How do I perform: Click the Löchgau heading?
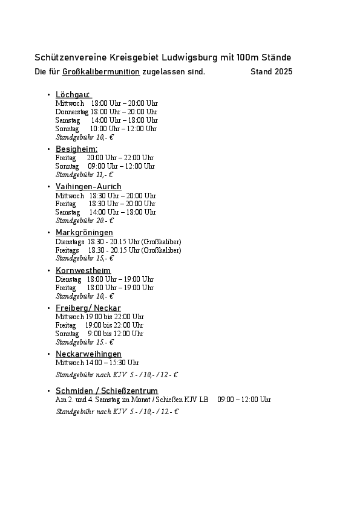pyautogui.click(x=73, y=94)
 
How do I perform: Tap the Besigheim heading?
pyautogui.click(x=76, y=149)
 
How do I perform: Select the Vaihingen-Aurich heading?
pyautogui.click(x=88, y=186)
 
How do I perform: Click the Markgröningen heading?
pyautogui.click(x=84, y=232)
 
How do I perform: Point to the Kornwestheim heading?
pyautogui.click(x=83, y=270)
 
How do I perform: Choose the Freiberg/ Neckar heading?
pyautogui.click(x=88, y=308)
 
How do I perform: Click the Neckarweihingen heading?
pyautogui.click(x=88, y=354)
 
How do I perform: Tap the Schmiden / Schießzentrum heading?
pyautogui.click(x=106, y=391)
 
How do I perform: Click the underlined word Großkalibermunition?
pyautogui.click(x=101, y=72)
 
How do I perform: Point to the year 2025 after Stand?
pyautogui.click(x=283, y=72)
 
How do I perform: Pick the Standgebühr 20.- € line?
pyautogui.click(x=85, y=221)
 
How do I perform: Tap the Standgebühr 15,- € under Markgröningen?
pyautogui.click(x=85, y=258)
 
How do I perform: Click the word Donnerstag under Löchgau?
pyautogui.click(x=72, y=112)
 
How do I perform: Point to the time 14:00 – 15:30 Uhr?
pyautogui.click(x=114, y=363)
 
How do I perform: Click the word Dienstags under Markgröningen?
pyautogui.click(x=70, y=241)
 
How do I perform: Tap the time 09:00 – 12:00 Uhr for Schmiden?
pyautogui.click(x=244, y=400)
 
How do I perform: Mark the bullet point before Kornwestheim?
pyautogui.click(x=48, y=270)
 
